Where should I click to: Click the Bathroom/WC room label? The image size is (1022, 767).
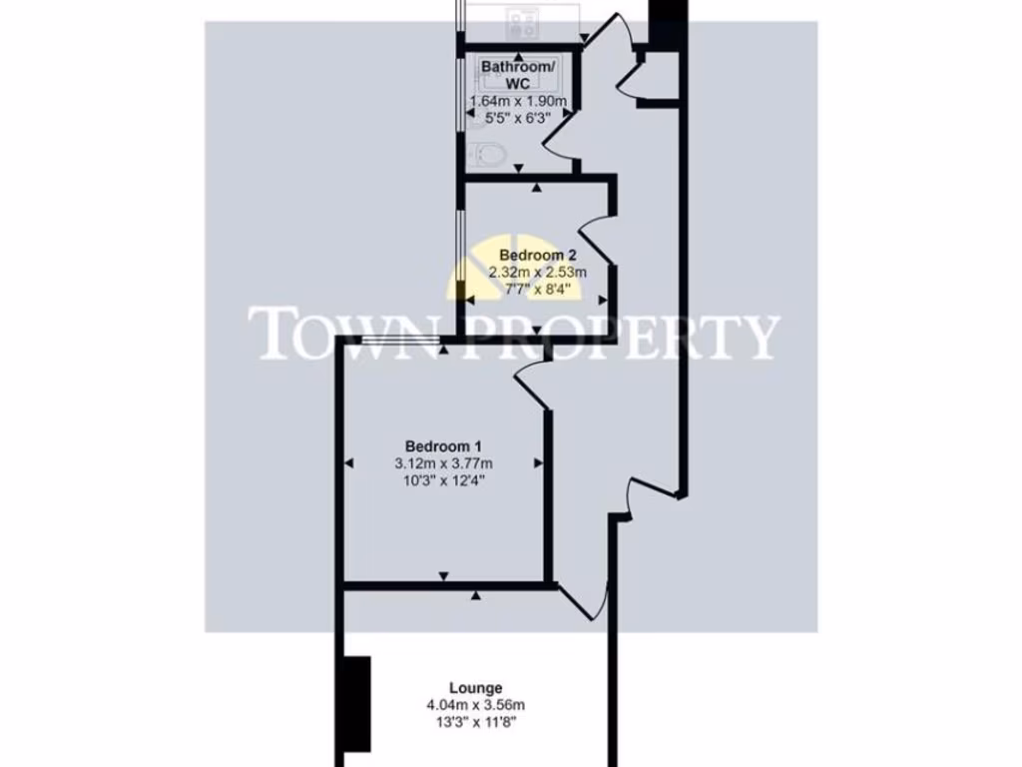coord(517,75)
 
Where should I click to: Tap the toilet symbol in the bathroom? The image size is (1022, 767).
coord(488,154)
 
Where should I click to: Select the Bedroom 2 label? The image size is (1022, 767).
coord(537,254)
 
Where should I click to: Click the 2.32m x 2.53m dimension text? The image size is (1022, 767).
coord(537,272)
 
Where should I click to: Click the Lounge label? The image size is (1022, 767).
coord(475,687)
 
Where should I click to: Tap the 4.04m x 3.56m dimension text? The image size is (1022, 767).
coord(475,705)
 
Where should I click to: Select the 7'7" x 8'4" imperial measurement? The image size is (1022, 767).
coord(537,290)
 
